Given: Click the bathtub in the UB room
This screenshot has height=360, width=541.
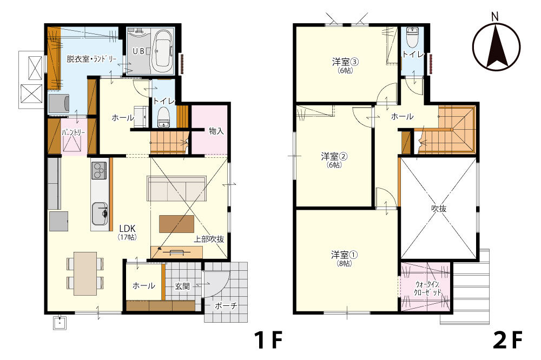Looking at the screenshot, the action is tap(162, 50).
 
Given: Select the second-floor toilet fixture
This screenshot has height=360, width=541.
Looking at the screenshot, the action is tap(412, 37).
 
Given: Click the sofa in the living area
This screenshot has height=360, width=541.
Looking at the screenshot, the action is tap(176, 188).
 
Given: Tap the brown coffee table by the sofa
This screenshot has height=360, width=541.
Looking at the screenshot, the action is tap(176, 224).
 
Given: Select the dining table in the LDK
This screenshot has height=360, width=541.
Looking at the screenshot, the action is tap(85, 274).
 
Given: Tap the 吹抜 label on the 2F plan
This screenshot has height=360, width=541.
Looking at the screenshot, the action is tap(439, 208).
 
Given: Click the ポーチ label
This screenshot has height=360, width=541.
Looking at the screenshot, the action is tap(226, 305).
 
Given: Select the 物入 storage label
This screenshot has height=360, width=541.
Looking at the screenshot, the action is tap(216, 131).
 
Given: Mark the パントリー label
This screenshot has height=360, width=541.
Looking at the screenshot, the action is tap(73, 132).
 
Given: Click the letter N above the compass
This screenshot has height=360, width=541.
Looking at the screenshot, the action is tap(495, 16).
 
